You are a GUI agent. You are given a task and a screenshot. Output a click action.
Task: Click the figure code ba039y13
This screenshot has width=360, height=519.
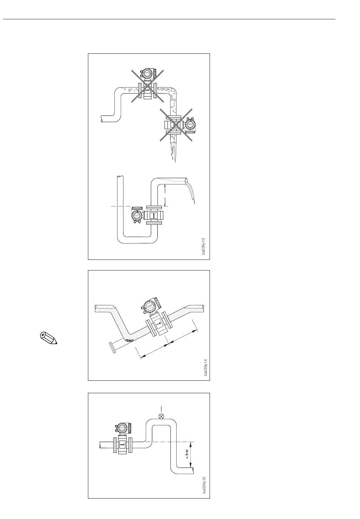[x=203, y=246]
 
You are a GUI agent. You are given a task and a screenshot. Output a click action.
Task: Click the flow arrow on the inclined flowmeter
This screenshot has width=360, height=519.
[x=158, y=323]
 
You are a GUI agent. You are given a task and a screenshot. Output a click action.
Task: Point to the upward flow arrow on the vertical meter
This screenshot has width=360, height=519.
[x=153, y=215]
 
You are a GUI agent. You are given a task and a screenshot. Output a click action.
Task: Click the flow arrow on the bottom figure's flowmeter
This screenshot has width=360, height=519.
[x=122, y=445]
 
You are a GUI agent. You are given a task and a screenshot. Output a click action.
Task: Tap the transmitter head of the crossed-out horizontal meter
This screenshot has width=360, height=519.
[x=148, y=73]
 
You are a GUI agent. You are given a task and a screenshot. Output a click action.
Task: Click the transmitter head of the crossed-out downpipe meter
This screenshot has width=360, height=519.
[x=191, y=125]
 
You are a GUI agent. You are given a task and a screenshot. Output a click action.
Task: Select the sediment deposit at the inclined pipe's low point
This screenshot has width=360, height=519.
[x=129, y=340]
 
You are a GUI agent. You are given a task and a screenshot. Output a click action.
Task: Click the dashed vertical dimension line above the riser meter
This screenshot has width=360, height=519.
[x=164, y=195]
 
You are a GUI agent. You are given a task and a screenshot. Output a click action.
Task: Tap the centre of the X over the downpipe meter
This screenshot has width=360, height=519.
[x=176, y=125]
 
